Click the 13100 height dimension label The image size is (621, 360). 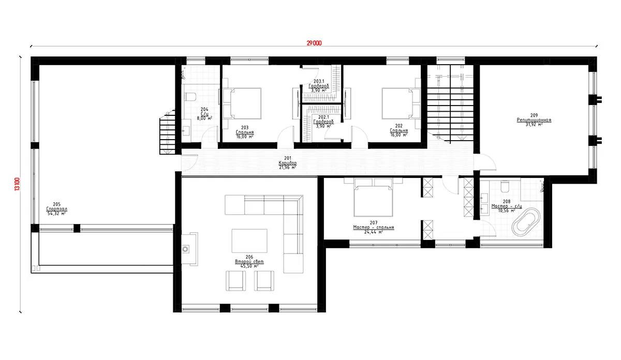(17, 184)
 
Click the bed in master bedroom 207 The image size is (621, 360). (372, 200)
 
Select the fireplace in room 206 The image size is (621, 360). (186, 249)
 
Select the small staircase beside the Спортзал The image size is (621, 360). (167, 134)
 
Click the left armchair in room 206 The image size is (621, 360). (235, 281)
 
